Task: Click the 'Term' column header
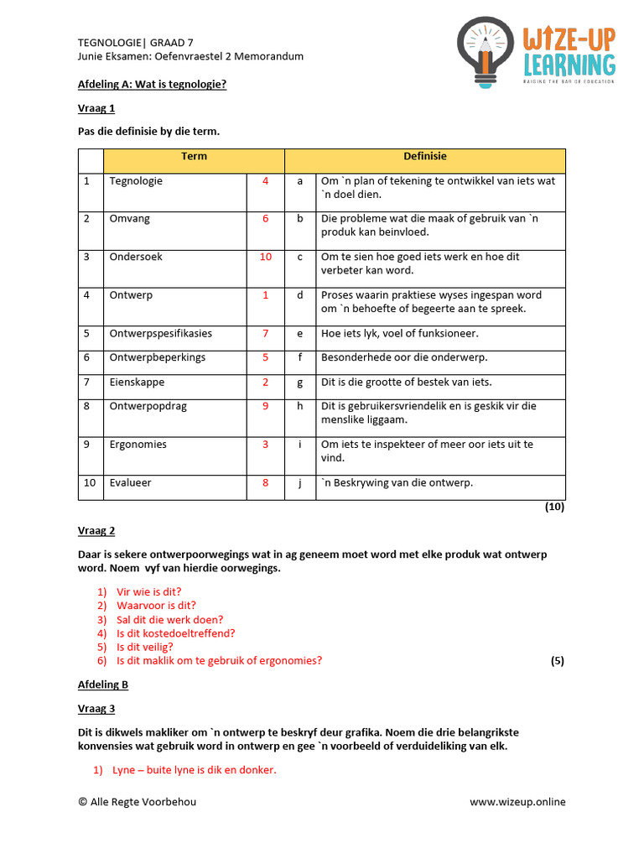coord(194,157)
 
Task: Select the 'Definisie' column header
coord(425,157)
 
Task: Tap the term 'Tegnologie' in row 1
coord(136,181)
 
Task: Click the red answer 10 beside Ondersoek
coord(265,258)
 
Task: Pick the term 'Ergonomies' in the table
coord(138,445)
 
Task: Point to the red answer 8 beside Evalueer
coord(265,483)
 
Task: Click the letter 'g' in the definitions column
coord(299,383)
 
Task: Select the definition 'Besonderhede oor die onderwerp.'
coord(404,358)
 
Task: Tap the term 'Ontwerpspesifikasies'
coord(160,334)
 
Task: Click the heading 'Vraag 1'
coord(96,108)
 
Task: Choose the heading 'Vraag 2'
coord(96,531)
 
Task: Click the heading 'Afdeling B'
coord(103,685)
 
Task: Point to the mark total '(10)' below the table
coord(554,508)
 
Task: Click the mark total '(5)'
coord(557,661)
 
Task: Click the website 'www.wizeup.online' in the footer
coord(517,802)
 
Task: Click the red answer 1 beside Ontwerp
coord(265,295)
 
